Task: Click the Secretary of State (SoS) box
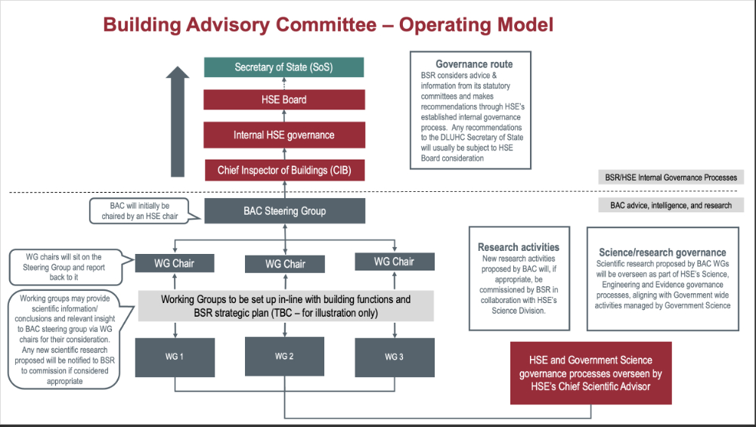pos(283,67)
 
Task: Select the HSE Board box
pos(283,100)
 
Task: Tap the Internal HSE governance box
pos(283,135)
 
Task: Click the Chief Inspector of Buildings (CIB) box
pos(283,171)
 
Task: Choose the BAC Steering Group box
pos(284,211)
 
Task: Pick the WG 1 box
pos(175,357)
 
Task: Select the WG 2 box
pos(284,357)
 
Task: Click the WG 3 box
pos(395,357)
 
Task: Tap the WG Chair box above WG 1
pos(175,263)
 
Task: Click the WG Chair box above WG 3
pos(395,261)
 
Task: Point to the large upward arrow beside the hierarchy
pos(178,121)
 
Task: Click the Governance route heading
pos(474,64)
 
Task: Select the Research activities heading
pos(519,247)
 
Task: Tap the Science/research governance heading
pos(662,252)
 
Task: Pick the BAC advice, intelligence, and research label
pos(671,205)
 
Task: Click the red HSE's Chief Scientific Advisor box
pos(590,373)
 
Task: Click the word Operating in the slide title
pos(442,24)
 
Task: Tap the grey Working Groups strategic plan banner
pos(286,306)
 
